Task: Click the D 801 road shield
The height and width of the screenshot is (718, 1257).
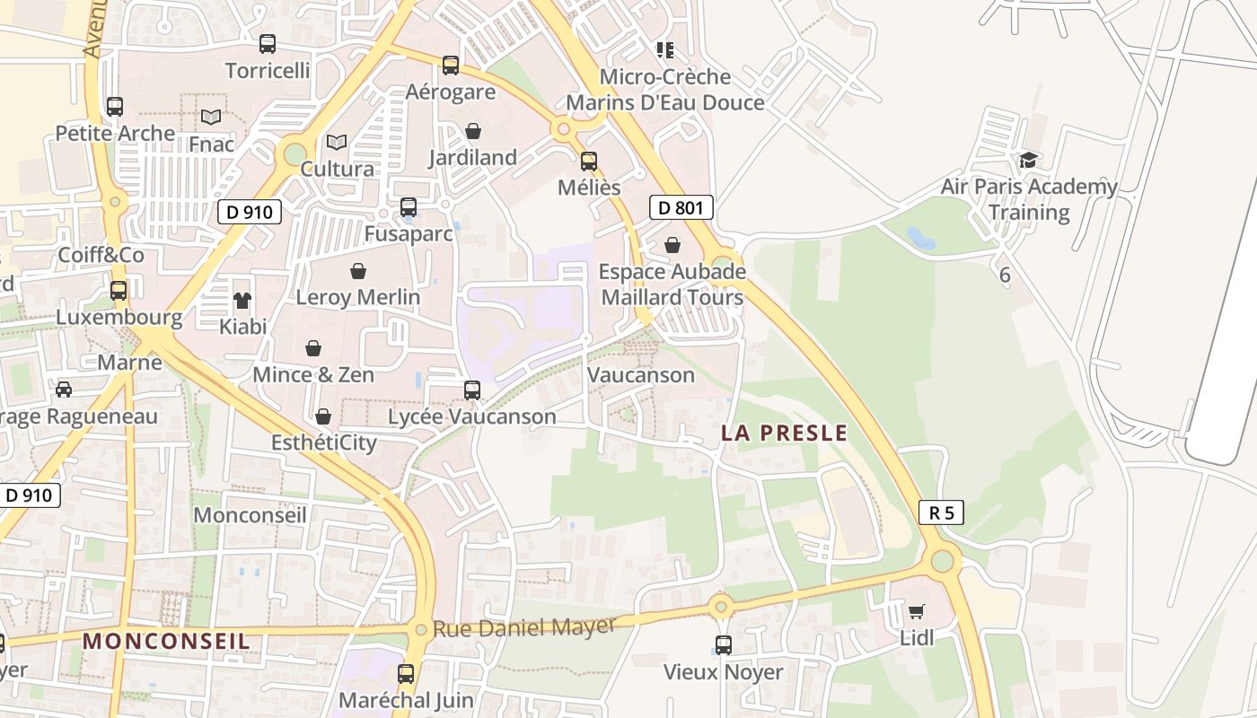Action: click(681, 208)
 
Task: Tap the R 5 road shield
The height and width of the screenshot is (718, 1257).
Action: click(941, 512)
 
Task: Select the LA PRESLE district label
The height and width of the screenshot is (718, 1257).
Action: click(784, 433)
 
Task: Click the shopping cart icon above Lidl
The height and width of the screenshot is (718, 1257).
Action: click(916, 612)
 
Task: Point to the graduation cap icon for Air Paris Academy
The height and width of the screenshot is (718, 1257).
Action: click(1028, 160)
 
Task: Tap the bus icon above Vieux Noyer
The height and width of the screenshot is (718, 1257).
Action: click(723, 644)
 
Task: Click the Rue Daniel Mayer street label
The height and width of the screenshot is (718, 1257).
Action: click(524, 626)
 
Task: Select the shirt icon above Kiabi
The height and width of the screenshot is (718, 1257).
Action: click(242, 300)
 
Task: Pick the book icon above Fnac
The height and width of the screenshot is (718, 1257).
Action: click(211, 117)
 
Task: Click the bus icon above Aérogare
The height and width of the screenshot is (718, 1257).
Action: click(451, 65)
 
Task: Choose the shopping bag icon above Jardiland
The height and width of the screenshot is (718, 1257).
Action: click(473, 131)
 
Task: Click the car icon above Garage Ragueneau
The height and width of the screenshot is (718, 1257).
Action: click(64, 390)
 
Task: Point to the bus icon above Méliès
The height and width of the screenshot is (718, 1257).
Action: click(589, 161)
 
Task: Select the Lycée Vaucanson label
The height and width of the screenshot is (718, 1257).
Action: click(472, 416)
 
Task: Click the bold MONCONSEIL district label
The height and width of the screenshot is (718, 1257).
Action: click(166, 641)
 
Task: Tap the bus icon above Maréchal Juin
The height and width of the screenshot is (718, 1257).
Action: click(406, 673)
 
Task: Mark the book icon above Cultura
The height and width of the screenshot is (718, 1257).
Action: click(337, 142)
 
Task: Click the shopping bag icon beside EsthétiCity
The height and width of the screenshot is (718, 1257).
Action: click(323, 416)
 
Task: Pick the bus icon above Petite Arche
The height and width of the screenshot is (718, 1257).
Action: click(115, 106)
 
